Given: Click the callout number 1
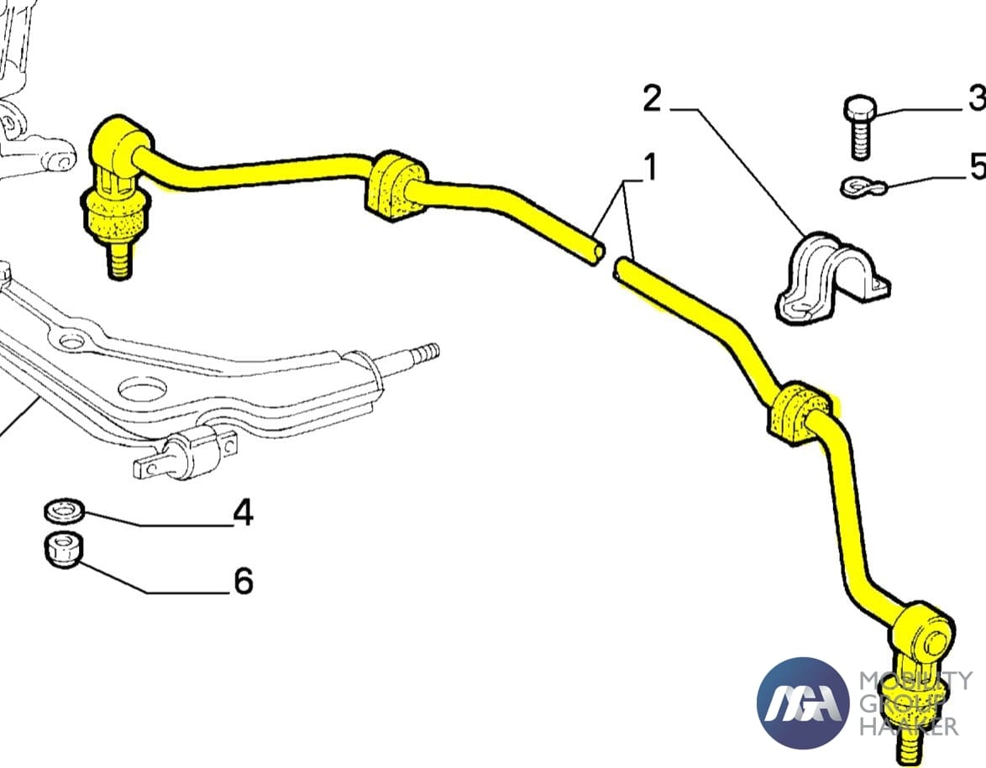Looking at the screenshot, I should coord(649,169).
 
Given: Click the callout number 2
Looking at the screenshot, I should coord(652,99).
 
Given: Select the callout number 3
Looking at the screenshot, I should coord(976,99).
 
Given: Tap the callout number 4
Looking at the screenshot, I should coord(242,512).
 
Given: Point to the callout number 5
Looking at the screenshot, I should coord(977,166).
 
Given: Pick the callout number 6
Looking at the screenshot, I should coord(243,580).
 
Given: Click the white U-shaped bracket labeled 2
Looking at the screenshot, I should coord(832,278).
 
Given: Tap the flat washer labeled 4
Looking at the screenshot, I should coord(62,509).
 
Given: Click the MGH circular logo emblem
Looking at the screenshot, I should coord(801,702).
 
